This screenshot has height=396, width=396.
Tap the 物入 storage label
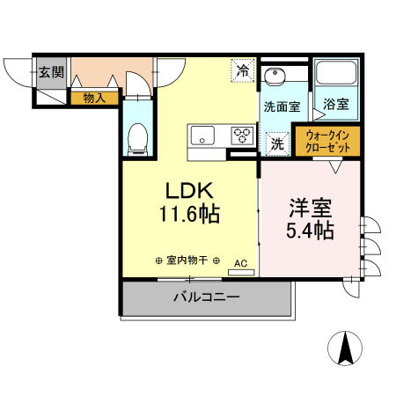pyautogui.click(x=94, y=99)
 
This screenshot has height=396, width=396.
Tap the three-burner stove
pyautogui.click(x=241, y=135)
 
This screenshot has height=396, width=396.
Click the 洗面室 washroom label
pyautogui.click(x=282, y=106)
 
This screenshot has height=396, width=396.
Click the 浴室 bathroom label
pyautogui.click(x=335, y=104)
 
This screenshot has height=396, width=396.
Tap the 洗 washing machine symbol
pyautogui.click(x=276, y=143)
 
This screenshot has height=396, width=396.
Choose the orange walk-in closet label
pyautogui.click(x=328, y=143)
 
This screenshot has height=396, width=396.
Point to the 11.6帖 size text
pyautogui.click(x=188, y=214)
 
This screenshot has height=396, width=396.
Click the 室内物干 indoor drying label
pyautogui.click(x=187, y=260)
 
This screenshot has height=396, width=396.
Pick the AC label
pyautogui.click(x=241, y=262)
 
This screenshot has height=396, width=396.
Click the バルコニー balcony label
pyautogui.click(x=206, y=298)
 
